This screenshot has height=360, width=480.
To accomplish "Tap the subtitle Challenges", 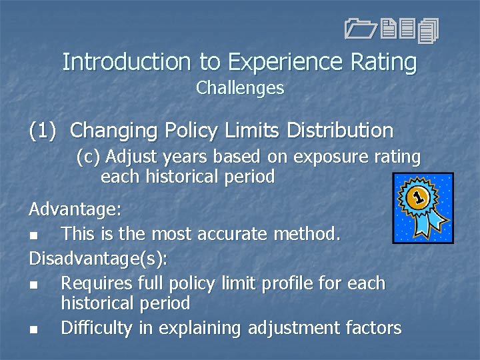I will (x=240, y=88).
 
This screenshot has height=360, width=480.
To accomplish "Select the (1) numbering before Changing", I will (x=44, y=130).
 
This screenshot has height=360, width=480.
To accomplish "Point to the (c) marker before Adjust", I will (x=88, y=157).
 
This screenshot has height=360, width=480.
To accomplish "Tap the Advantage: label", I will (x=75, y=209).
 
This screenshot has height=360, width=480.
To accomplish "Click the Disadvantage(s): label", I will (x=97, y=259).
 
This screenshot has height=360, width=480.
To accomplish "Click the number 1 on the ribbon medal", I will (x=417, y=197).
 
